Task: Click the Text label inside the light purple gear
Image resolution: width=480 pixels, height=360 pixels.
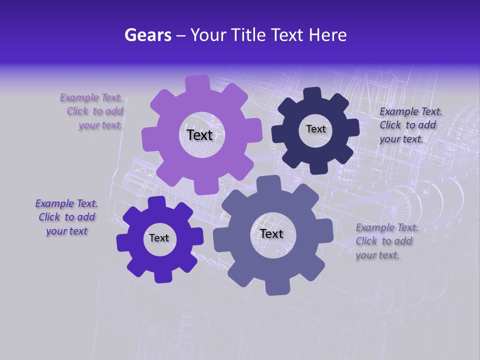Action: tap(199, 135)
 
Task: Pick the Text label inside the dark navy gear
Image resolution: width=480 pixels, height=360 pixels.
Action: tap(315, 129)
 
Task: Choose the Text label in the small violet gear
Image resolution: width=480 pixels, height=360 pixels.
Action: tap(159, 238)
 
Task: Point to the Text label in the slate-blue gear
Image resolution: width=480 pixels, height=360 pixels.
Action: tap(271, 233)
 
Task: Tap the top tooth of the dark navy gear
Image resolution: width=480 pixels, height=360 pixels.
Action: tap(311, 94)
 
